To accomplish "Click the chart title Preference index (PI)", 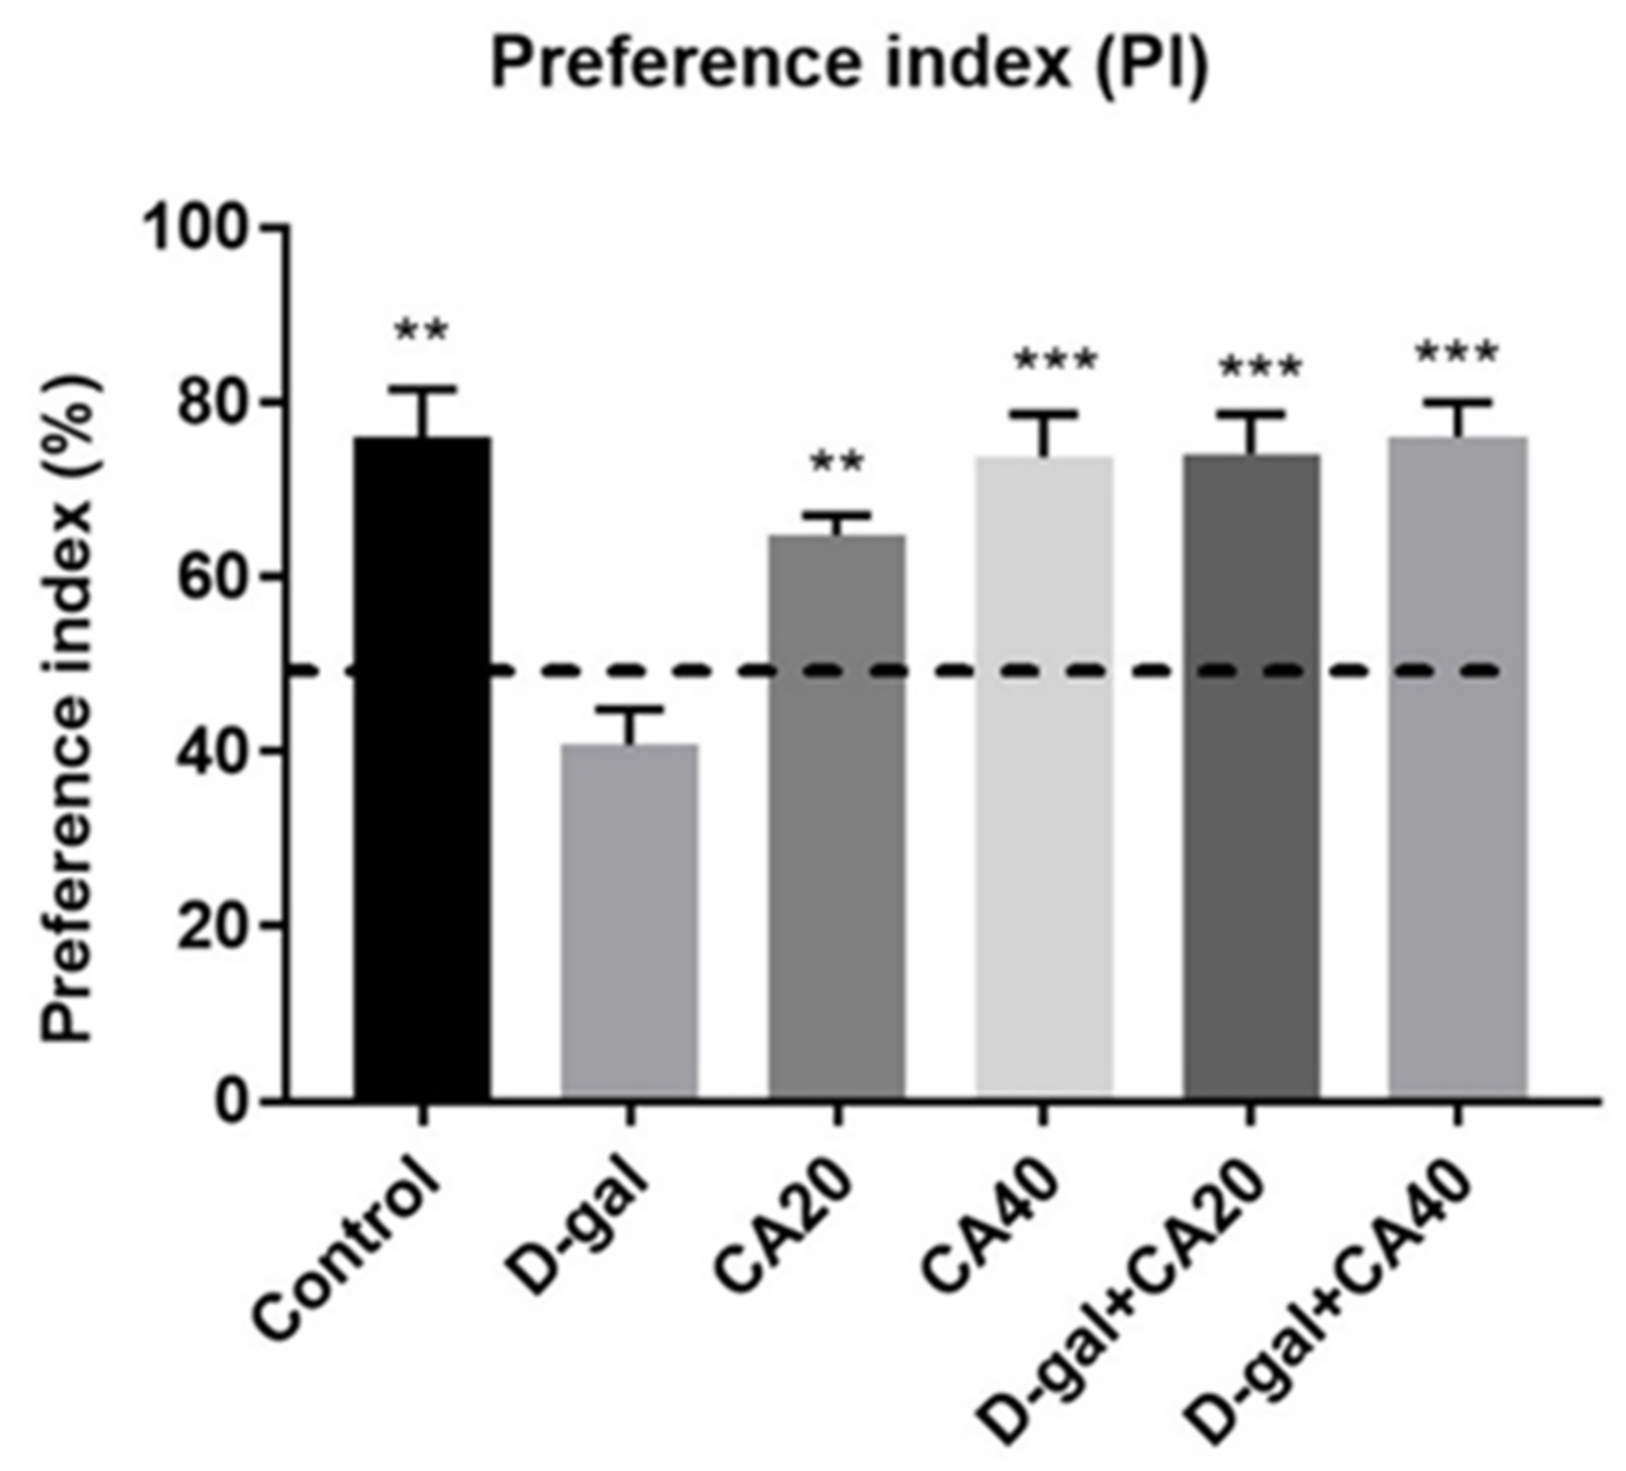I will [x=849, y=64].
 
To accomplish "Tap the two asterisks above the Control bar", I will [x=422, y=331].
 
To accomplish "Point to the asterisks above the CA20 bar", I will [x=837, y=462].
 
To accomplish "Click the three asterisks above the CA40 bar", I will [x=1055, y=360].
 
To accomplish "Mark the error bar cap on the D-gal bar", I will [x=630, y=708].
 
